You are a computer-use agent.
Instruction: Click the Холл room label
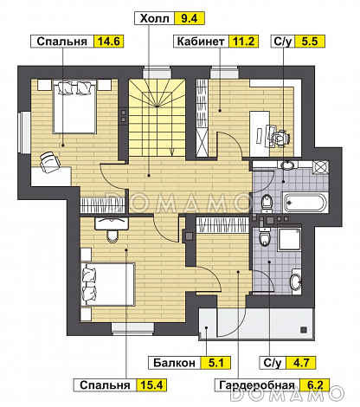click(154, 18)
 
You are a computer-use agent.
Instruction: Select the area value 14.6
click(108, 42)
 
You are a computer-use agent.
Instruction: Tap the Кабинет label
click(201, 42)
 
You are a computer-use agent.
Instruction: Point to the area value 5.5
click(310, 42)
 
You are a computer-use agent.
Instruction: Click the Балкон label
click(174, 363)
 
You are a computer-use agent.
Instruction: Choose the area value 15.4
click(151, 385)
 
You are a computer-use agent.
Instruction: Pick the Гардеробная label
click(257, 385)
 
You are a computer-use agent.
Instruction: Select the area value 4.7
click(301, 363)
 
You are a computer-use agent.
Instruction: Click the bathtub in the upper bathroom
click(305, 202)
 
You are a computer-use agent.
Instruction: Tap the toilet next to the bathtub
click(267, 203)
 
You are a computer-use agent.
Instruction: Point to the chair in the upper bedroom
click(49, 161)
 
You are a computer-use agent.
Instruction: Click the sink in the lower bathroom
click(296, 281)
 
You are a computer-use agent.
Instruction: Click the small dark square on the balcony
click(303, 329)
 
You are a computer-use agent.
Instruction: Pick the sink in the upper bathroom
click(287, 165)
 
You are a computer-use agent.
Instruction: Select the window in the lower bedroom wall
click(132, 329)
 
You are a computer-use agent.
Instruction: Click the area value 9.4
click(190, 18)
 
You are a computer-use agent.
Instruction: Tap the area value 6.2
click(315, 385)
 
